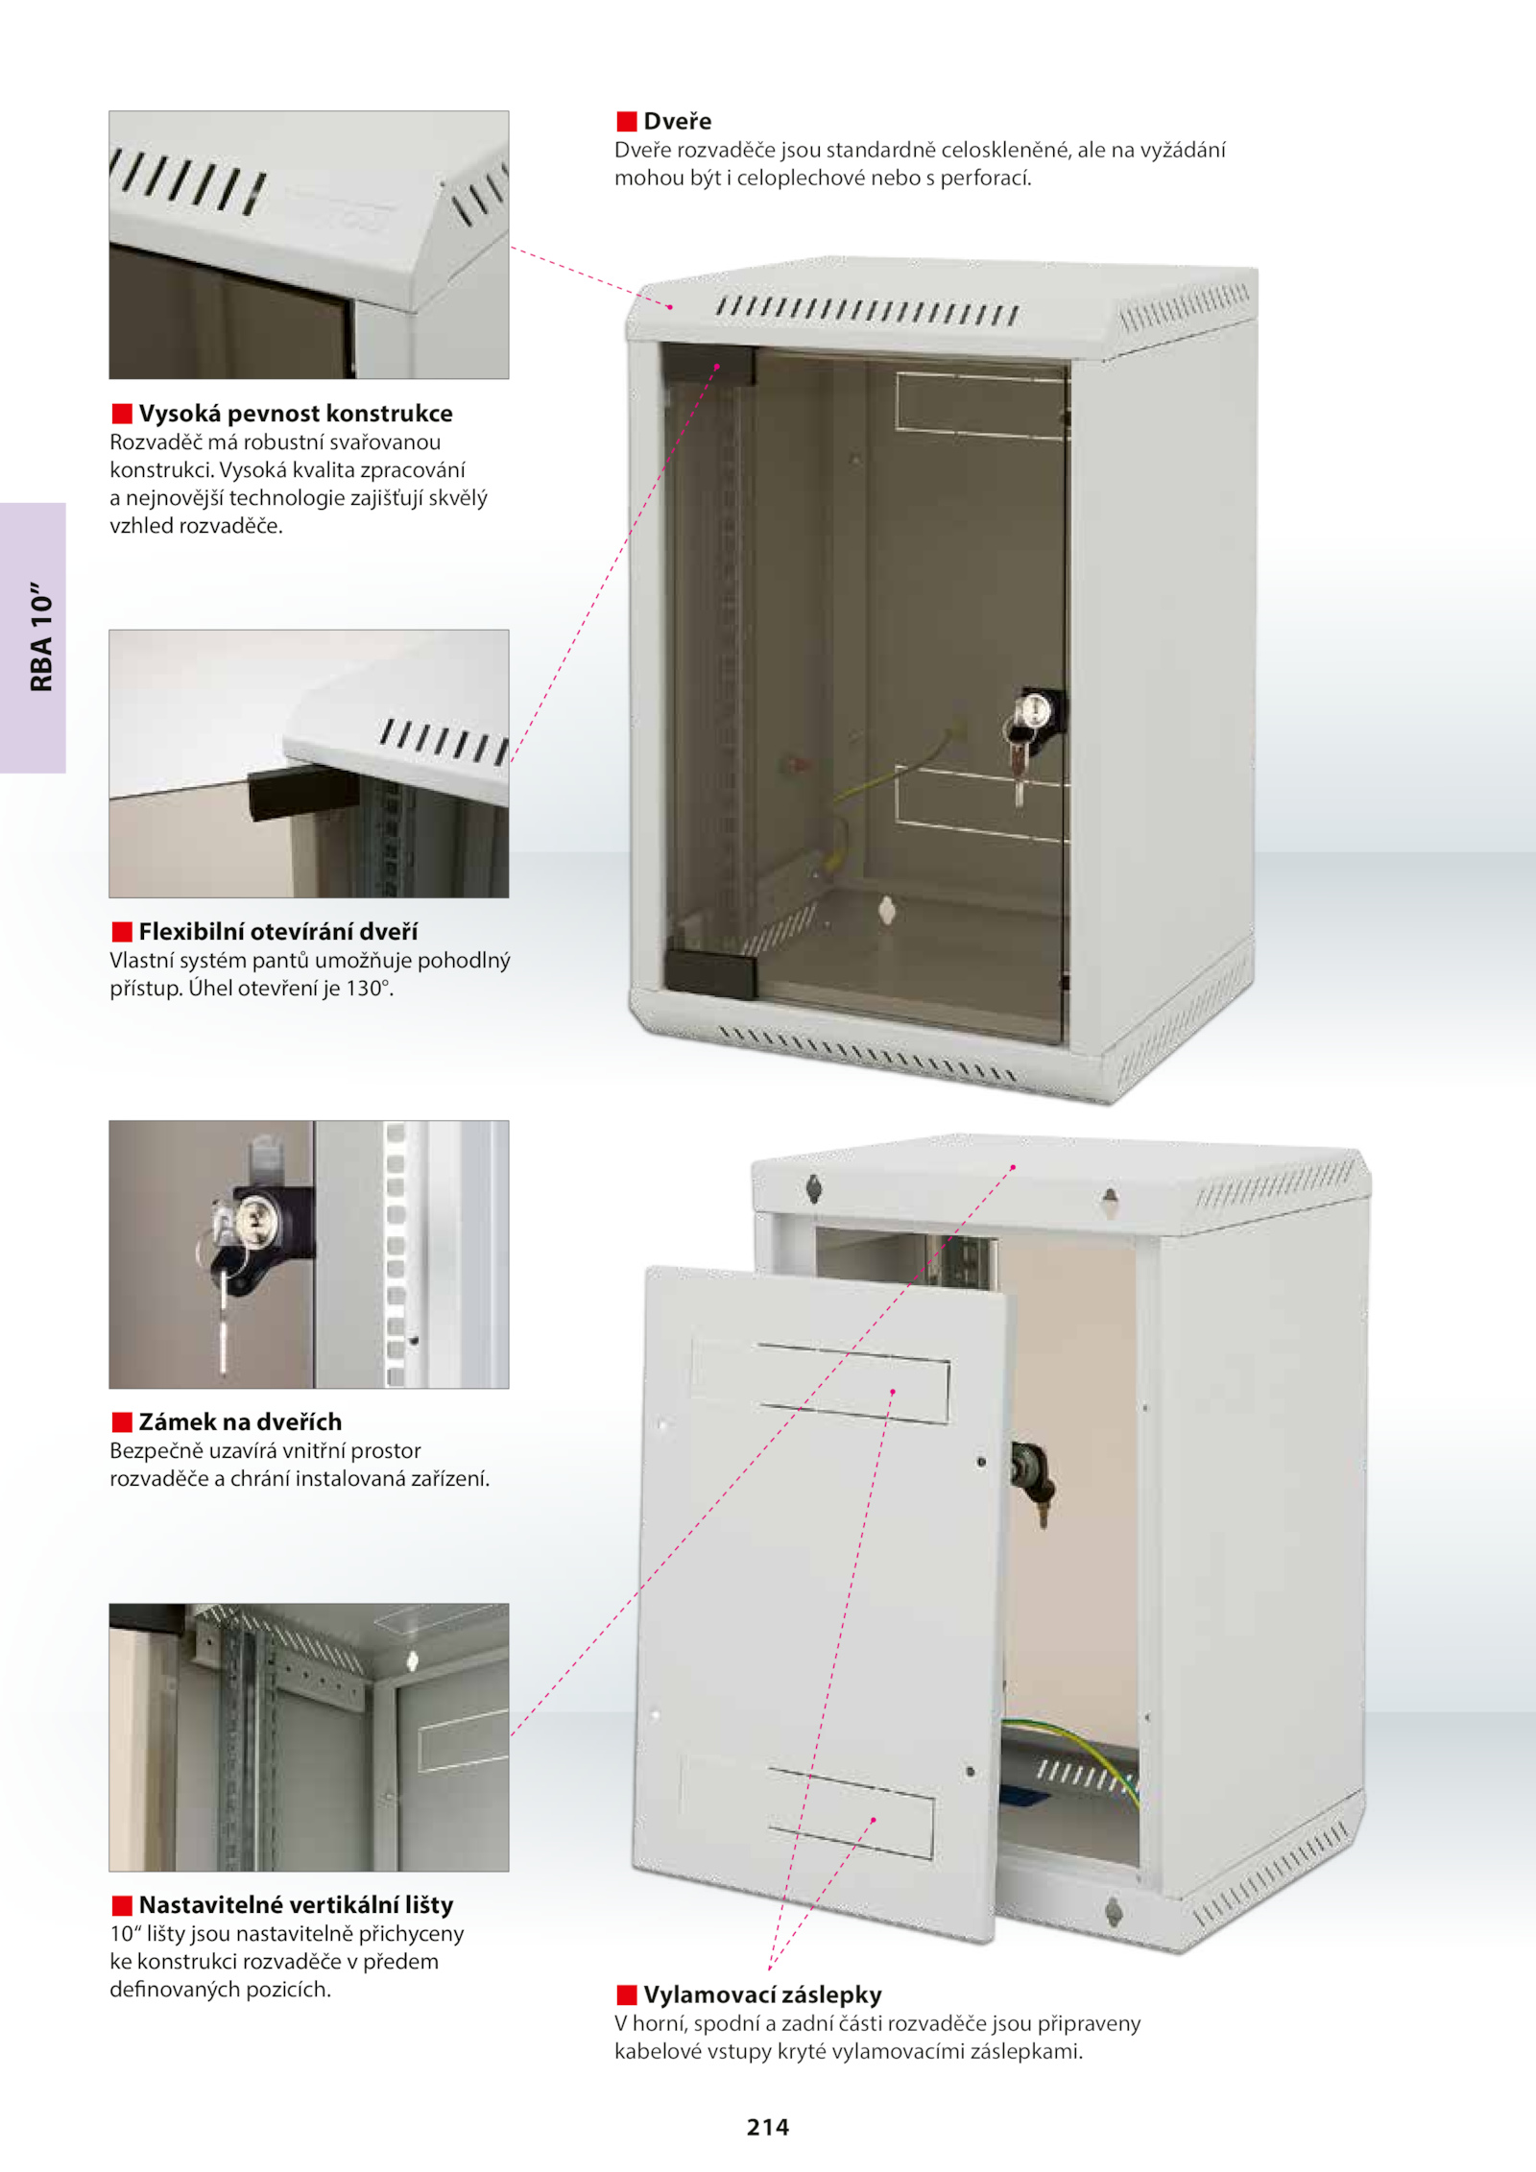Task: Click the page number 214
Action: click(768, 2127)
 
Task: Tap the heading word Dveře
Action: click(678, 121)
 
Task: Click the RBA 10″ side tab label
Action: click(41, 635)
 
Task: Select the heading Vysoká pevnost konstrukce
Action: click(296, 414)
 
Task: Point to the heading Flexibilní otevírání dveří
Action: click(278, 931)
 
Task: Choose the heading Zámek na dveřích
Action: click(240, 1421)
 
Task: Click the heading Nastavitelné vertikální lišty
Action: click(296, 1904)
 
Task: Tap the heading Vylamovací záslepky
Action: click(763, 1994)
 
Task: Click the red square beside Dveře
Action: click(627, 121)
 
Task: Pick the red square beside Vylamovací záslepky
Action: click(627, 1994)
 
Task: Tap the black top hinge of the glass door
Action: click(708, 365)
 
